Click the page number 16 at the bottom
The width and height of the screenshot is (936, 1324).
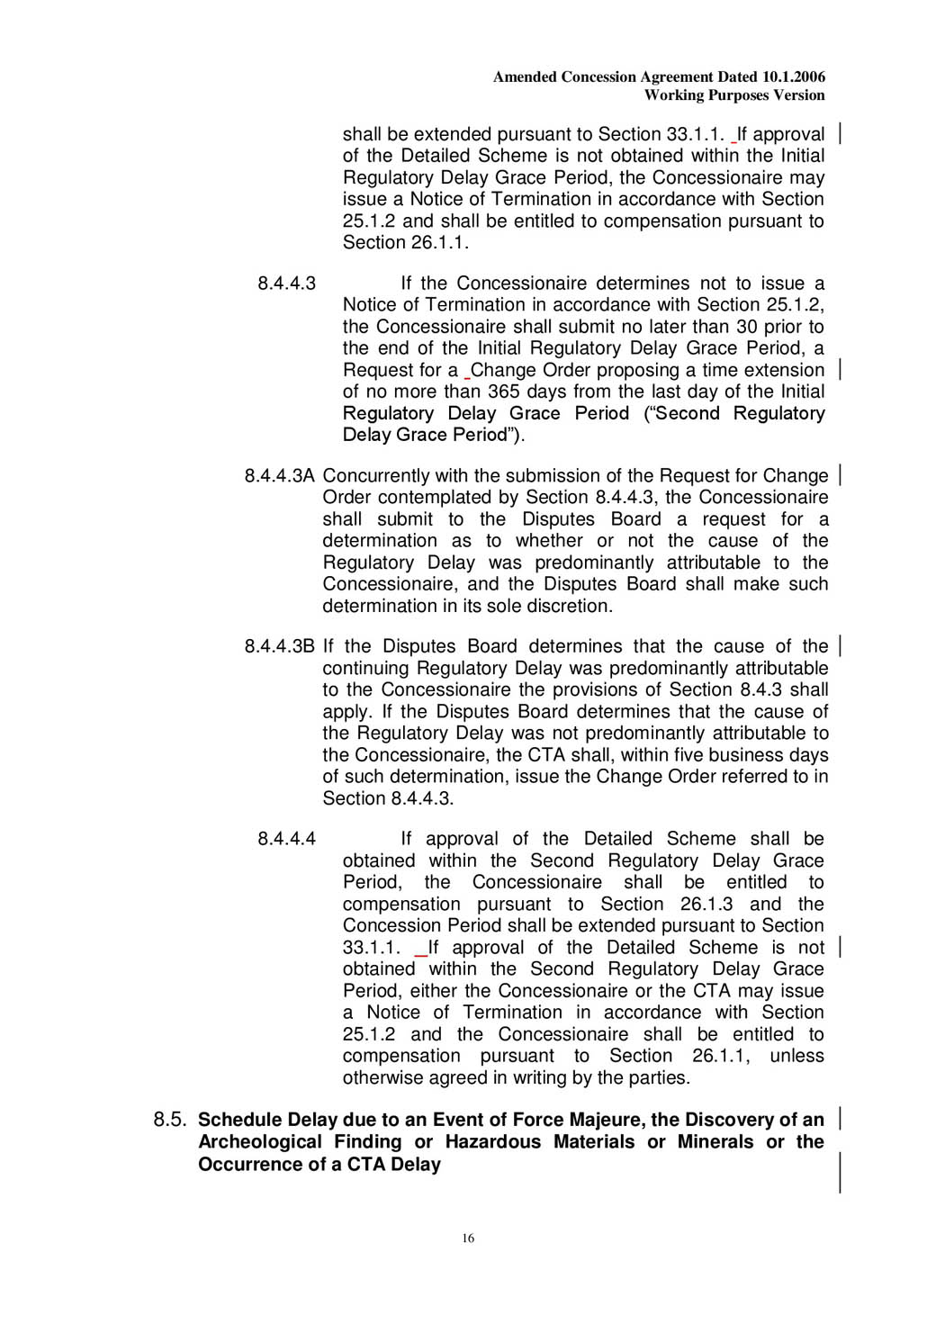[468, 1238]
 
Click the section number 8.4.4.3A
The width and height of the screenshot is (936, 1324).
[279, 476]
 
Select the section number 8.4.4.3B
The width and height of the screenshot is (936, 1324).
[279, 646]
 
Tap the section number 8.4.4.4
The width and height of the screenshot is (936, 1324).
[286, 839]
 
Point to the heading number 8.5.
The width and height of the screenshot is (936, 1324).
[170, 1120]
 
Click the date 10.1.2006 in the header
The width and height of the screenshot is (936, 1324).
[793, 77]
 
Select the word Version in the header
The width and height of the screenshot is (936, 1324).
[798, 95]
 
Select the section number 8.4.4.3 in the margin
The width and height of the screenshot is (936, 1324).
[286, 284]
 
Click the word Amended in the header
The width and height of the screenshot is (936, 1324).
[525, 77]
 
